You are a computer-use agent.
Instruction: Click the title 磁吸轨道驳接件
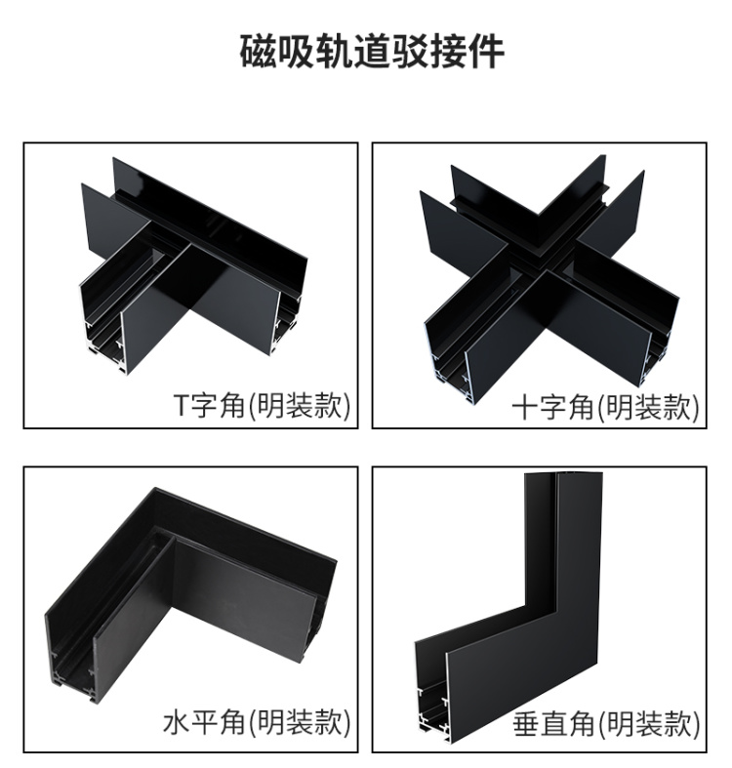tap(372, 51)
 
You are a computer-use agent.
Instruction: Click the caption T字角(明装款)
tap(263, 405)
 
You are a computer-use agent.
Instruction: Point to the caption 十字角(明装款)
tap(604, 406)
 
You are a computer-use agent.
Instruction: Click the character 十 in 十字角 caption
tap(525, 407)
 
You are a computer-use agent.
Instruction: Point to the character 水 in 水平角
tap(177, 722)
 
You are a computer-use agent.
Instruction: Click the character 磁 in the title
tap(258, 51)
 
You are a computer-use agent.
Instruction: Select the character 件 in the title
tap(486, 51)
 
